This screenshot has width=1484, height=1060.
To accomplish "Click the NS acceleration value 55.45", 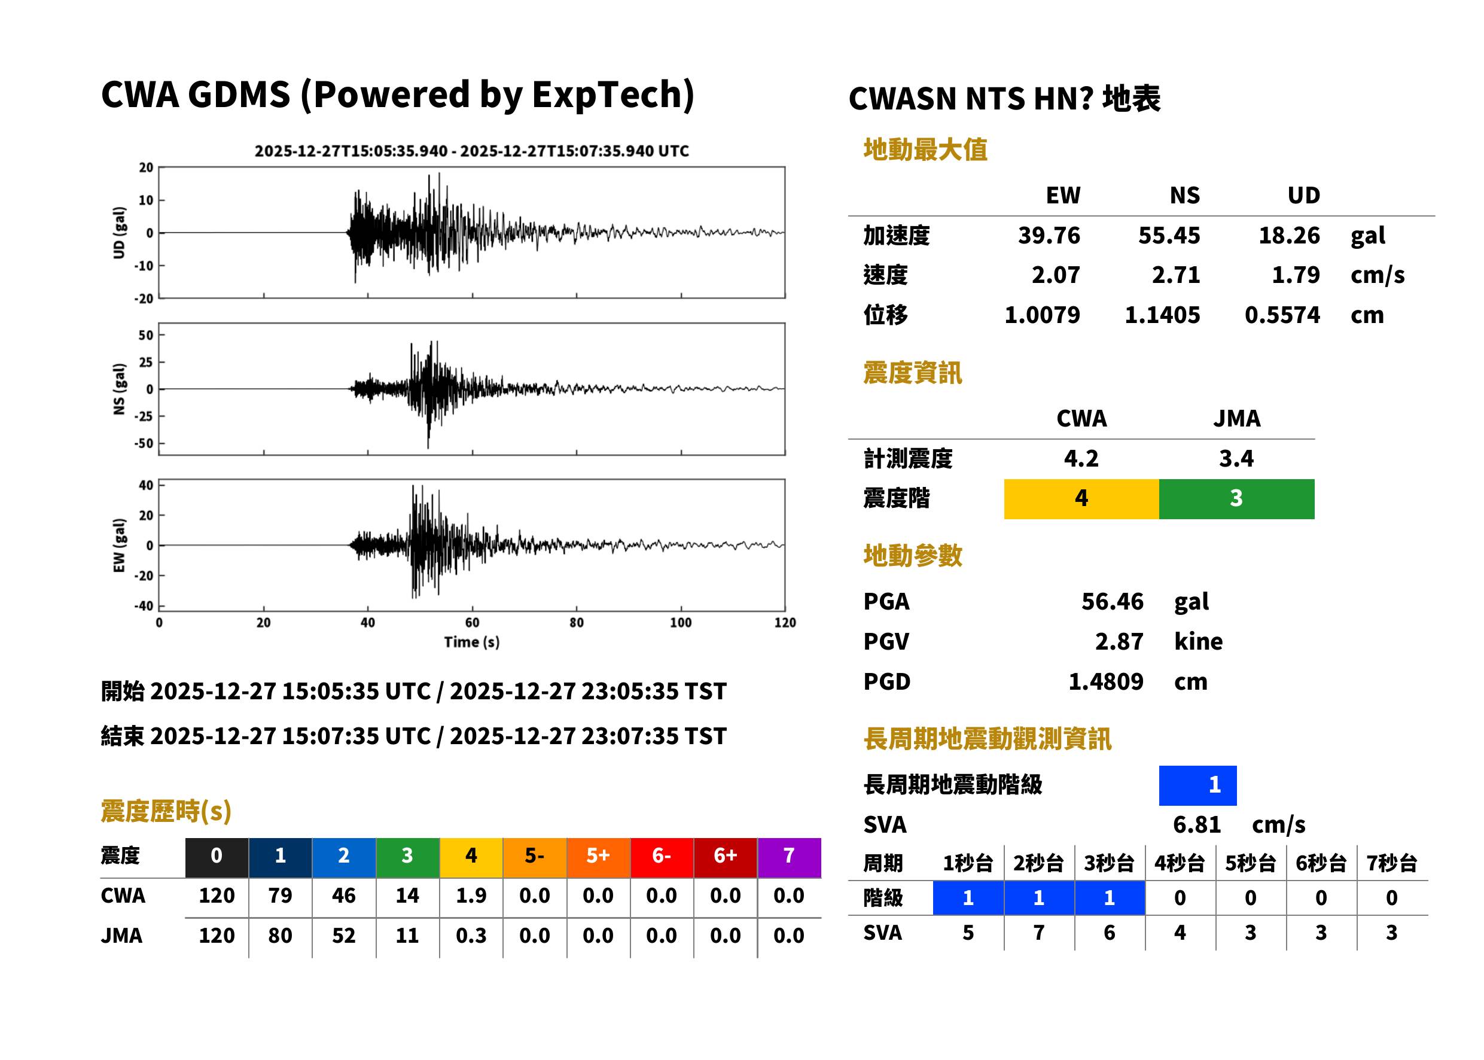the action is [1168, 235].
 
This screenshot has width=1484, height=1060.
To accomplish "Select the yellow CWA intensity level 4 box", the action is [1081, 499].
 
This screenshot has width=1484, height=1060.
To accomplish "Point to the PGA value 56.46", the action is [1112, 601].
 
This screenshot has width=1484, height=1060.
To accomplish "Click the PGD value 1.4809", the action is [1105, 681].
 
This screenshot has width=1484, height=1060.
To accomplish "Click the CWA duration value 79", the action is [280, 895].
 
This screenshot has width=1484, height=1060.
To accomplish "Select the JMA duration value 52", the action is [343, 936].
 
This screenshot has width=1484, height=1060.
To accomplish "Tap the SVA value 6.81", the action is [1196, 824].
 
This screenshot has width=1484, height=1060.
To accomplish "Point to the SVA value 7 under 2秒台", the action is [1038, 932].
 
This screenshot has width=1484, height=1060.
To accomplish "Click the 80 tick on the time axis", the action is [576, 623].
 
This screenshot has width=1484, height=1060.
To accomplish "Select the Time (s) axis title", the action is [472, 642].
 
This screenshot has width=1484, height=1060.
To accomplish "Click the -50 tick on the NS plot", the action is [144, 443].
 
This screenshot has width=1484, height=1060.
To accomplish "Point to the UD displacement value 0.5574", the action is [1282, 315].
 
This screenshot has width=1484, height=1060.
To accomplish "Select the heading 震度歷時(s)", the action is [166, 811].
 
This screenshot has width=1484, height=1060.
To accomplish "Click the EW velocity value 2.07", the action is [1055, 275].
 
